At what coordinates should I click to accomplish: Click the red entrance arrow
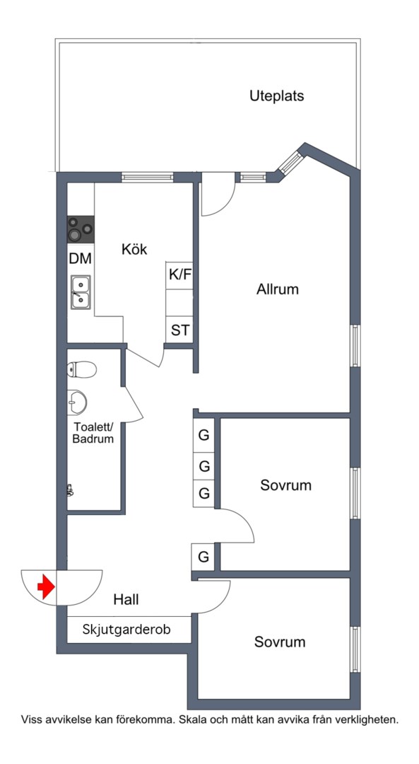click(x=46, y=586)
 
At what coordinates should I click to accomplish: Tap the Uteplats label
click(x=276, y=96)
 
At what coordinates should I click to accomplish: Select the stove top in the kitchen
click(x=81, y=229)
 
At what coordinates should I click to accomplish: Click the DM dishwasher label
click(x=80, y=259)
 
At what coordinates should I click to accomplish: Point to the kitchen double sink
click(x=81, y=292)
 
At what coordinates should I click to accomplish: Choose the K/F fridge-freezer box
click(x=180, y=274)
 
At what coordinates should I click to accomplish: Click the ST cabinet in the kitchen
click(x=179, y=330)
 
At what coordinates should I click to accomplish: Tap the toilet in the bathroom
click(x=81, y=369)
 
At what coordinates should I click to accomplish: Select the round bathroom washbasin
click(x=77, y=403)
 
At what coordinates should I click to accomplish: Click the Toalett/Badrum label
click(x=93, y=433)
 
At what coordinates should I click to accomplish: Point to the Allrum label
click(x=278, y=289)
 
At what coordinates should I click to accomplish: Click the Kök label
click(x=134, y=250)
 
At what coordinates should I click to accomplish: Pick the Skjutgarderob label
click(x=126, y=629)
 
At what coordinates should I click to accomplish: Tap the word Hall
click(x=126, y=599)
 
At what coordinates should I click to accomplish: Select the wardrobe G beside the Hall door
click(x=204, y=557)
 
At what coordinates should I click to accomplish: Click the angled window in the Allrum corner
click(x=290, y=162)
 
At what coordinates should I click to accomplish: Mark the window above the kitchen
click(x=148, y=177)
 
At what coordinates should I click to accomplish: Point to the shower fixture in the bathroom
click(x=70, y=490)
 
